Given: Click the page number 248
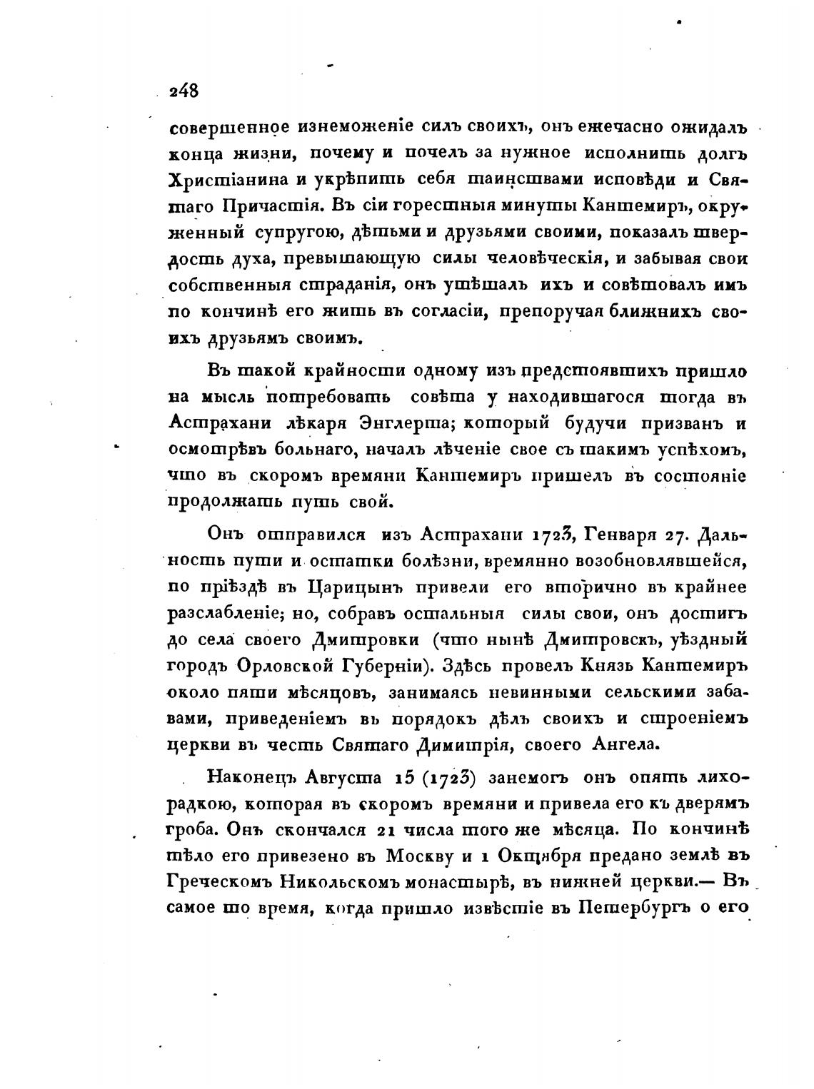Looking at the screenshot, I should (184, 91).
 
